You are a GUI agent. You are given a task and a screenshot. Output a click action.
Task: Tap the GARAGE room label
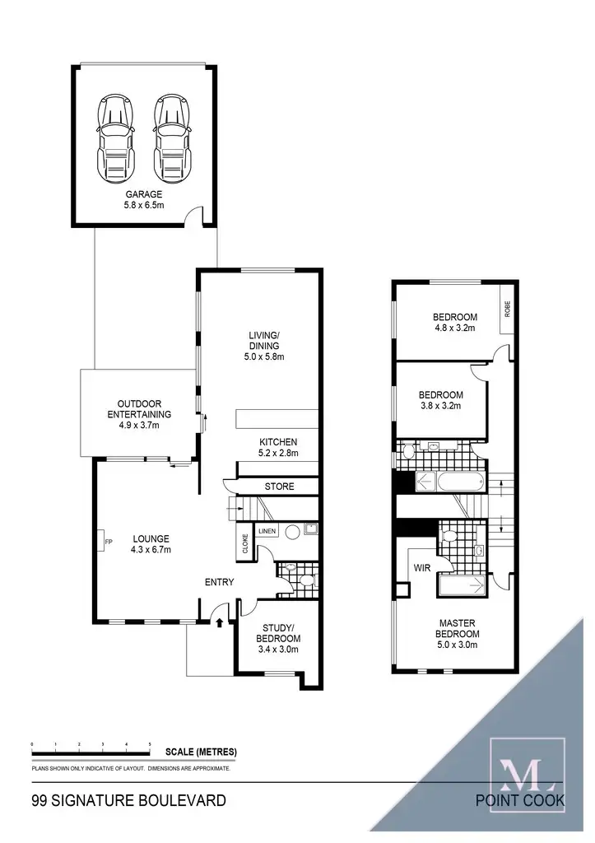[144, 194]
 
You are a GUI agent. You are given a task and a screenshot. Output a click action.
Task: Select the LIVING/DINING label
[264, 340]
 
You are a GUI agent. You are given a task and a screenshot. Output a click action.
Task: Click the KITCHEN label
[277, 442]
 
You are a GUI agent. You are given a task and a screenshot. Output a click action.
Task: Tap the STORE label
[279, 487]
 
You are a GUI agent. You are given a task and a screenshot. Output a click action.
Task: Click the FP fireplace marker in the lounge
[108, 542]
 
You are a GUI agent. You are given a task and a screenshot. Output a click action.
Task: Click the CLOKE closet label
[245, 543]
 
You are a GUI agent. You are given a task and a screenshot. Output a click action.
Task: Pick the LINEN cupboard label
[267, 531]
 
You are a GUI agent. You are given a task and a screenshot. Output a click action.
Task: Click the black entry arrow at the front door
[219, 623]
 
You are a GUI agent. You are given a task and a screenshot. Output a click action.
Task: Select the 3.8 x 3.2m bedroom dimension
[440, 405]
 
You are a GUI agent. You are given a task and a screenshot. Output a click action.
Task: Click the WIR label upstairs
[422, 568]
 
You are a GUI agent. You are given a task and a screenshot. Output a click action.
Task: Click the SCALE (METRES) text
[201, 752]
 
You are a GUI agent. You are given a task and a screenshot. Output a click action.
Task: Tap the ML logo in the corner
[527, 766]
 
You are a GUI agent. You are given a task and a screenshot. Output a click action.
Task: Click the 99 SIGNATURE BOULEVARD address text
[128, 799]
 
